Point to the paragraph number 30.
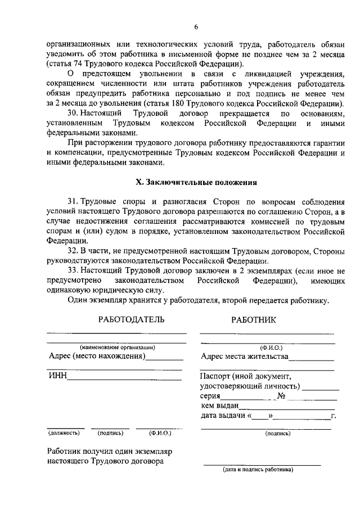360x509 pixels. (73, 114)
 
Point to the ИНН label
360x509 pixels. (57, 376)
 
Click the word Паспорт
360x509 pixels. (217, 376)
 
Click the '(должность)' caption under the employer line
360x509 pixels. (64, 433)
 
